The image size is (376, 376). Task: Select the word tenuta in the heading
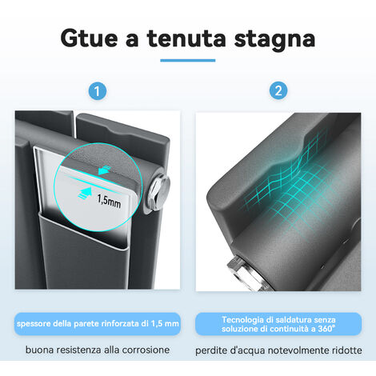tap(190, 38)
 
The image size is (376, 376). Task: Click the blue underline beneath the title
tap(188, 60)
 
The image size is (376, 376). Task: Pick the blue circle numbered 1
tap(97, 92)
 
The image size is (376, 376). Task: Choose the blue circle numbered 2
tap(278, 92)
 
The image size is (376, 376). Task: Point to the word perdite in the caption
tap(214, 350)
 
